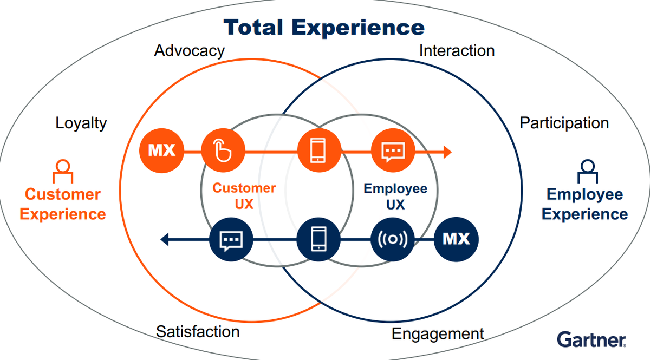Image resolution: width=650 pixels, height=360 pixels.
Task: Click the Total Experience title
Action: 324,27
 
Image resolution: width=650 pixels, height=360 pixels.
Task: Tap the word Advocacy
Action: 189,51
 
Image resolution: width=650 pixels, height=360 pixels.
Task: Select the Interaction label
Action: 457,51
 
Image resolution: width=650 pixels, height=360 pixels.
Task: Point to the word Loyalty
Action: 81,123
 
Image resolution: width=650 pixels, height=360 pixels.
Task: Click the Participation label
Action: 564,123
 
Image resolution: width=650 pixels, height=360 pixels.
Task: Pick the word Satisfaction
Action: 198,331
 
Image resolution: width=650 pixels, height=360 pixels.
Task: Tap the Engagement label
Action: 438,333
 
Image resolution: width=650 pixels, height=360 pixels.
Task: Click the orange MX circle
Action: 162,150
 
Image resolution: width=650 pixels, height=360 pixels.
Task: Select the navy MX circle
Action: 457,238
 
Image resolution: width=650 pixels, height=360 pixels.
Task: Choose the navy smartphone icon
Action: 319,238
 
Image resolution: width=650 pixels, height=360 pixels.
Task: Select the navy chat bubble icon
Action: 231,239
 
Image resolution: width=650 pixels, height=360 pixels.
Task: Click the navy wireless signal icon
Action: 393,238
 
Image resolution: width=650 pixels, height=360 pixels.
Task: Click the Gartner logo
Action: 591,339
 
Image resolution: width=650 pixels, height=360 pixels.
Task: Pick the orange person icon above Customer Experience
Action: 63,172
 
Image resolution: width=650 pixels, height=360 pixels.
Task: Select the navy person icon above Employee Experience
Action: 585,171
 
